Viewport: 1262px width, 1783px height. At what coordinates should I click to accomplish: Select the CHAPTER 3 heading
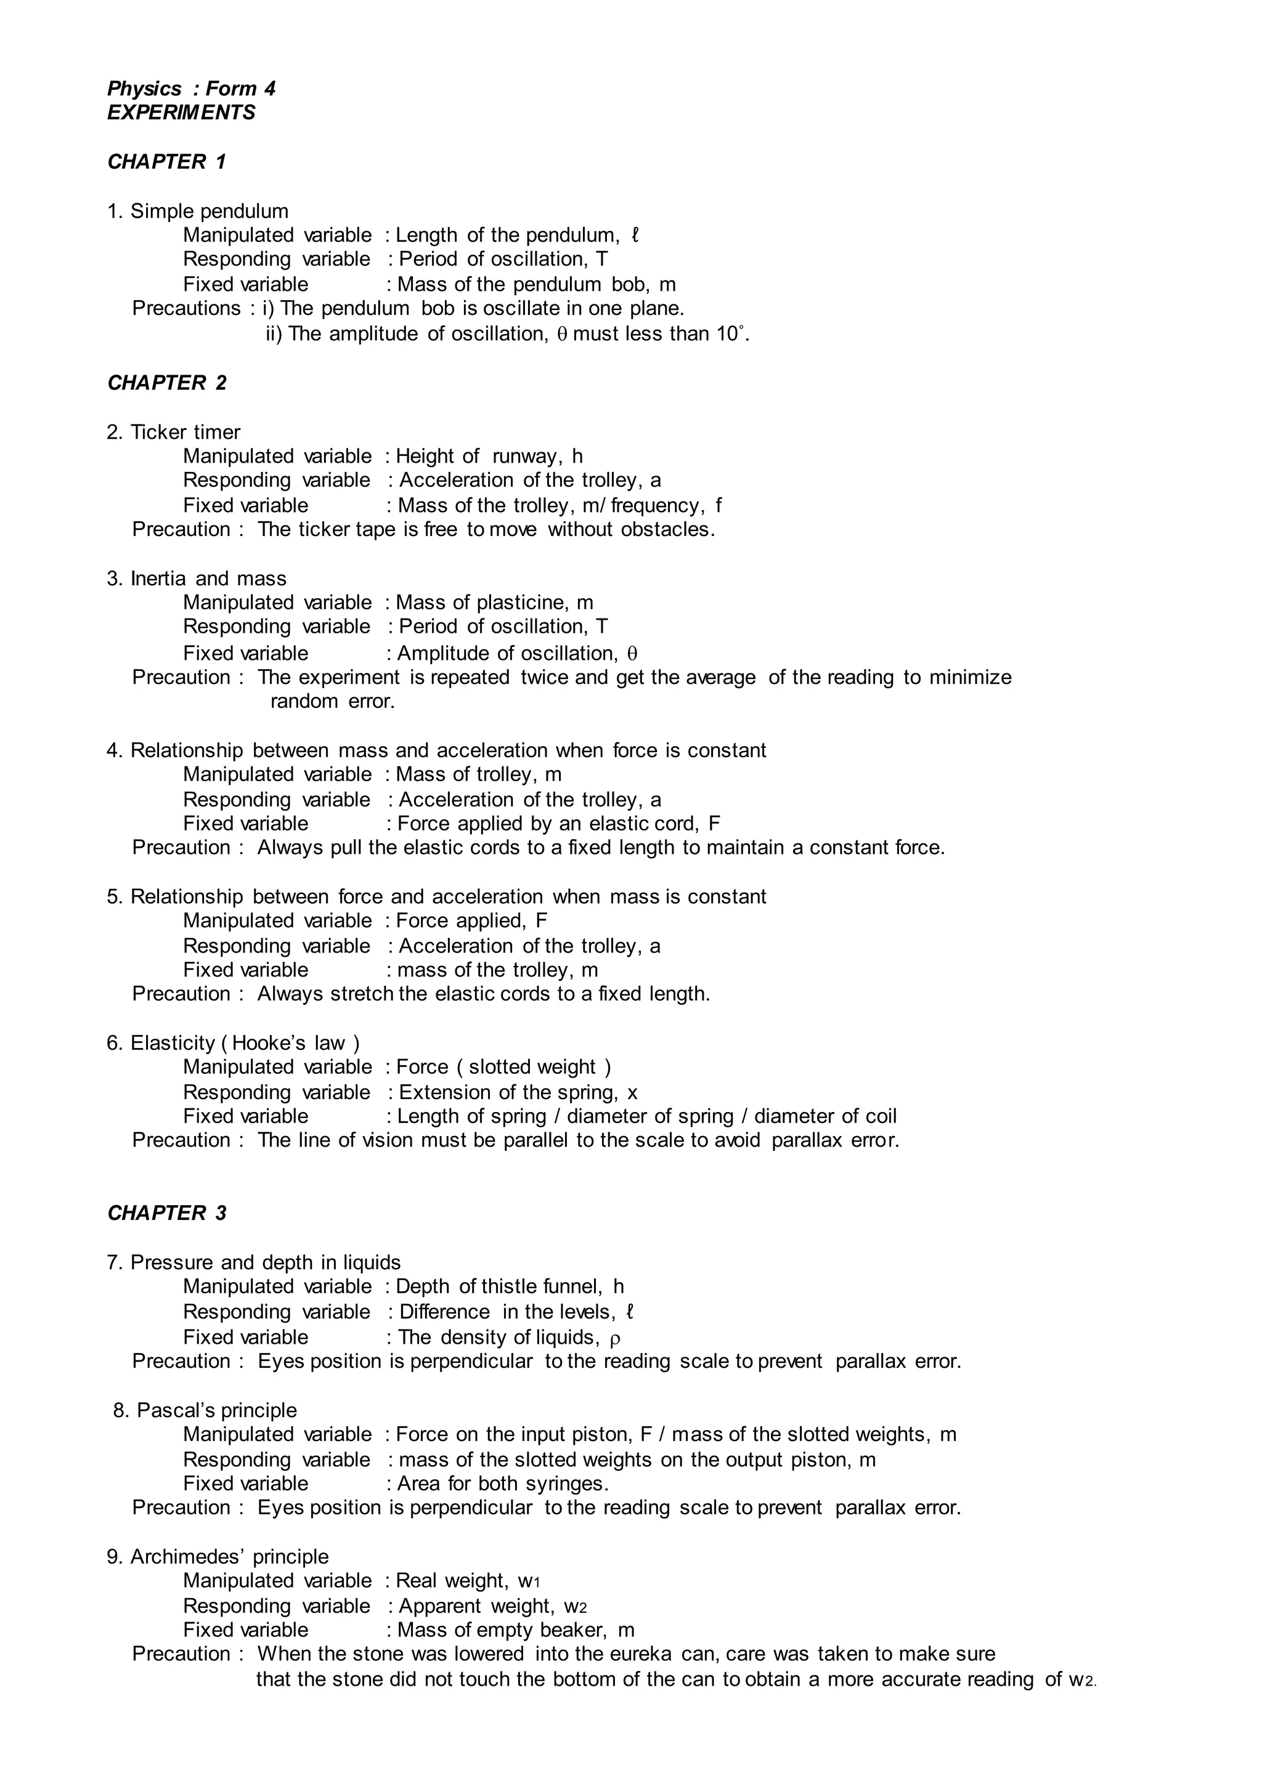coord(166,1212)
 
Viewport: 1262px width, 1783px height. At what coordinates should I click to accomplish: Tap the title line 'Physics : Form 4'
coord(191,89)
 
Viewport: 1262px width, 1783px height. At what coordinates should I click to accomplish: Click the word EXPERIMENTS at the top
coord(181,113)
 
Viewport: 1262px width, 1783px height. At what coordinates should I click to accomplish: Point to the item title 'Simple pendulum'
coord(209,211)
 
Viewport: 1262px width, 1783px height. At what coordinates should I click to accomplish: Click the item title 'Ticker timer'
coord(185,432)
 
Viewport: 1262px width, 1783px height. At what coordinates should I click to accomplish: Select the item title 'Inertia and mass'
coord(208,579)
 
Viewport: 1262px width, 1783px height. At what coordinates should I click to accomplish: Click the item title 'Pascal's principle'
coord(217,1410)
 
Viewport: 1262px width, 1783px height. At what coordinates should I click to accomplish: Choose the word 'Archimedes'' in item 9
coord(187,1556)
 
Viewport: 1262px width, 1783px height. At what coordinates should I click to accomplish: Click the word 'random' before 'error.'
coord(304,702)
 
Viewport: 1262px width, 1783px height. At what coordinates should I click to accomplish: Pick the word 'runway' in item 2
coord(524,456)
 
